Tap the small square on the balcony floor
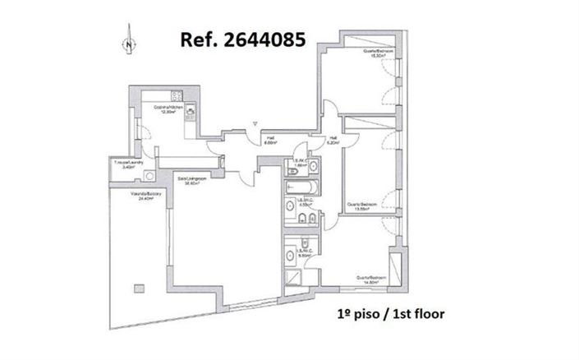[138, 288]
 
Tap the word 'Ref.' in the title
[195, 39]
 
